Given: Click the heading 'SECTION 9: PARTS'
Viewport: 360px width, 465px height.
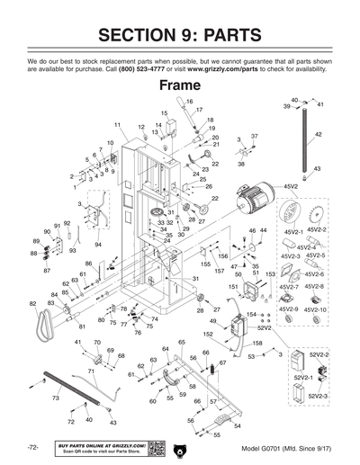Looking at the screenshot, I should pos(180,35).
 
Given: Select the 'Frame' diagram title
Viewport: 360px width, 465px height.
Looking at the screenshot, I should pos(180,86).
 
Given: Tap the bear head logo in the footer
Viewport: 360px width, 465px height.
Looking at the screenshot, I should pos(181,448).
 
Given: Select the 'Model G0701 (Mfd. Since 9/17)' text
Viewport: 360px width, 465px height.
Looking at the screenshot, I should pos(286,448).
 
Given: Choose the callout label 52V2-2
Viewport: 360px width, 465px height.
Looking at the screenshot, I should pos(319,355).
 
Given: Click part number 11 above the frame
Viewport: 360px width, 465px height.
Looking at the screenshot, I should pos(118,123).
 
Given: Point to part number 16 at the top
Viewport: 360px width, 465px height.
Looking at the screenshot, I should pos(190,102).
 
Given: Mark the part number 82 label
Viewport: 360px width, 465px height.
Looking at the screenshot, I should pos(33,305).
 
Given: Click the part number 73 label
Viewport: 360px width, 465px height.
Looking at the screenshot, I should pos(56,397).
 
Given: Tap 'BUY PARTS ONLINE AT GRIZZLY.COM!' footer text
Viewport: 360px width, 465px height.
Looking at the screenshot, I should pos(99,443).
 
